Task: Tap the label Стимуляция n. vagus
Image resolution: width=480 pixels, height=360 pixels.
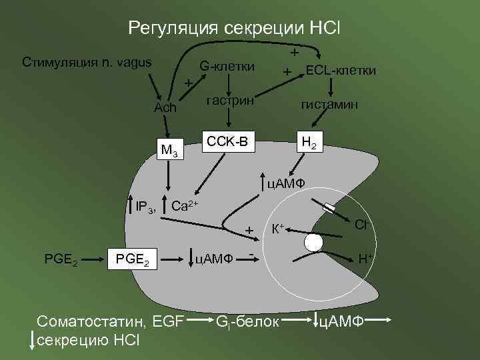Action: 87,63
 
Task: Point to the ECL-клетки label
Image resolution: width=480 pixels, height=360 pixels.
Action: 340,71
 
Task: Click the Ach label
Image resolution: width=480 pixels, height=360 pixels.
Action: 165,107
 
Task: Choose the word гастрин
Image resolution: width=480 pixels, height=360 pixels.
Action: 230,101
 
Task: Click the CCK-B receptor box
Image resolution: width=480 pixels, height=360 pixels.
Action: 228,141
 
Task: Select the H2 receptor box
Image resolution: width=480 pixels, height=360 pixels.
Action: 309,142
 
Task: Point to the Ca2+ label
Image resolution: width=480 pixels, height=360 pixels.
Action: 185,205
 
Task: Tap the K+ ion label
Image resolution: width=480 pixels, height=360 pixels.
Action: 277,229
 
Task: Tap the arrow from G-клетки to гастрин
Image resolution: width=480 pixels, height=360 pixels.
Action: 229,83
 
